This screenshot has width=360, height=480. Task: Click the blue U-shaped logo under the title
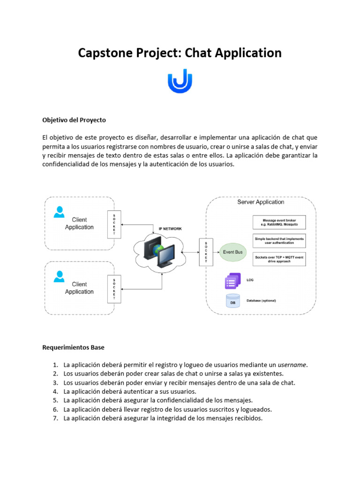tap(180, 81)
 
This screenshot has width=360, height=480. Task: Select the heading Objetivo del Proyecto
tap(74, 120)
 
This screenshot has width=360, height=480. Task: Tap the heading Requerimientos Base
tap(74, 347)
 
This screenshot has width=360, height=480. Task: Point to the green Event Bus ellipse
tap(232, 252)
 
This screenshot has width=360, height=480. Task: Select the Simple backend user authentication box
tap(279, 241)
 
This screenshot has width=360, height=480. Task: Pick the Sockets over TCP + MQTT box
tap(279, 259)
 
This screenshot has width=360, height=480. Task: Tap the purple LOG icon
tap(232, 281)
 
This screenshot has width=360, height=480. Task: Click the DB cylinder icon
tap(232, 301)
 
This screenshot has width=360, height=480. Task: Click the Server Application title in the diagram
tap(261, 202)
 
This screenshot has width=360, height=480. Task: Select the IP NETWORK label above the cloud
tap(170, 229)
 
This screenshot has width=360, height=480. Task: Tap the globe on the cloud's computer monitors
tap(160, 249)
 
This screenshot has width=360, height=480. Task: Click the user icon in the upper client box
tap(59, 212)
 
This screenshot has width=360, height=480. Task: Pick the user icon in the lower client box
tap(59, 277)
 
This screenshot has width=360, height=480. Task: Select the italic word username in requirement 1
tap(292, 364)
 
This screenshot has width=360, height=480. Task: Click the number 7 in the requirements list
tap(55, 418)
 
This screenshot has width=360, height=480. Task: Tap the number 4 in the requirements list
tap(55, 391)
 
